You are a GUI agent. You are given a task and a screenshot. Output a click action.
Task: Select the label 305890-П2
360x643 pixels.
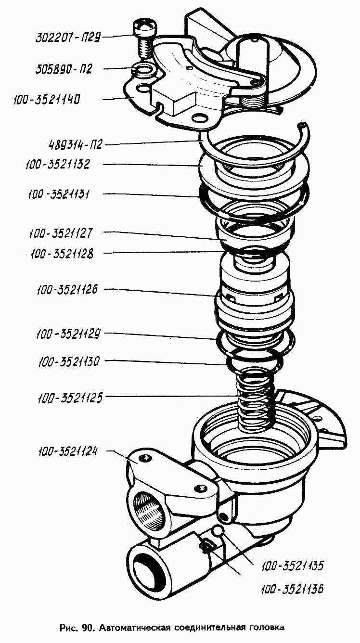coord(64,69)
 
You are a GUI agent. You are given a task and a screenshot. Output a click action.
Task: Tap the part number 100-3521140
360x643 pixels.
coord(47,100)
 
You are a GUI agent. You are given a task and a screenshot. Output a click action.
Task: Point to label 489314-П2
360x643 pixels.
coord(75,144)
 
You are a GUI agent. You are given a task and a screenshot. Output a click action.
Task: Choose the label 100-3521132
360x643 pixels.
coord(58,165)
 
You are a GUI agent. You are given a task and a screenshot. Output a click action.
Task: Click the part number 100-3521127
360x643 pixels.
coord(61,233)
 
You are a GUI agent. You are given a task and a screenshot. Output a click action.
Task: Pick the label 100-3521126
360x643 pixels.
coord(67,290)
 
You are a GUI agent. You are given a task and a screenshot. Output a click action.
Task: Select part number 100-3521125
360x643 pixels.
coord(70,398)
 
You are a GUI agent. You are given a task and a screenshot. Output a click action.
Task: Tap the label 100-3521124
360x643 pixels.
coord(68,451)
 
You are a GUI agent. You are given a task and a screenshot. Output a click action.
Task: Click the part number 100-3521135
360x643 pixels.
coord(293,566)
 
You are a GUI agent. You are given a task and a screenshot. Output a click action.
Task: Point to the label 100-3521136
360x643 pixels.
coord(292,589)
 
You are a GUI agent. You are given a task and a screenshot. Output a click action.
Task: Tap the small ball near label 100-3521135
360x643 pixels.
coord(218,532)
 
